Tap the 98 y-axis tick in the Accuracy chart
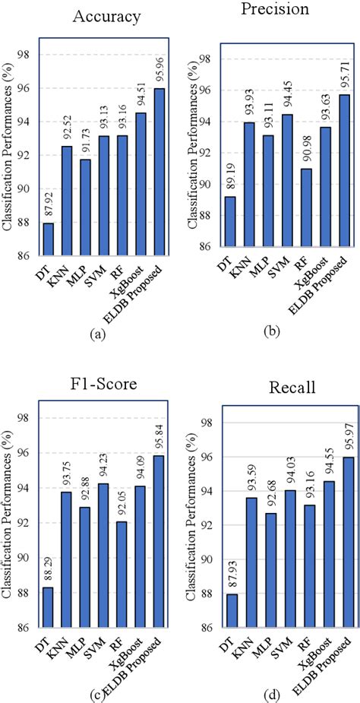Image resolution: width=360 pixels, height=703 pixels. (x=25, y=55)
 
